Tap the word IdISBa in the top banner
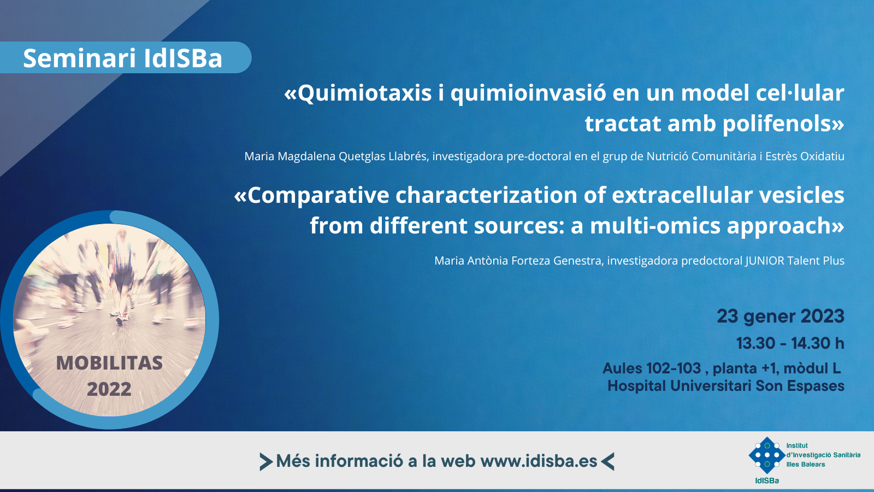click(x=183, y=58)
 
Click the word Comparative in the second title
click(x=318, y=195)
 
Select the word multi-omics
click(x=655, y=226)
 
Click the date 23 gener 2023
click(x=781, y=317)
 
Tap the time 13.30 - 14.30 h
click(x=790, y=344)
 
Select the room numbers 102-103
click(x=674, y=368)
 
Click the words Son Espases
click(x=800, y=386)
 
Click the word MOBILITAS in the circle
click(x=110, y=363)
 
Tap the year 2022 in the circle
click(x=109, y=389)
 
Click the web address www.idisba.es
click(x=539, y=461)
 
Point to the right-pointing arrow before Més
click(x=266, y=461)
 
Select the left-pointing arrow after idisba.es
click(x=607, y=461)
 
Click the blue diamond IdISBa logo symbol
click(x=767, y=455)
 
